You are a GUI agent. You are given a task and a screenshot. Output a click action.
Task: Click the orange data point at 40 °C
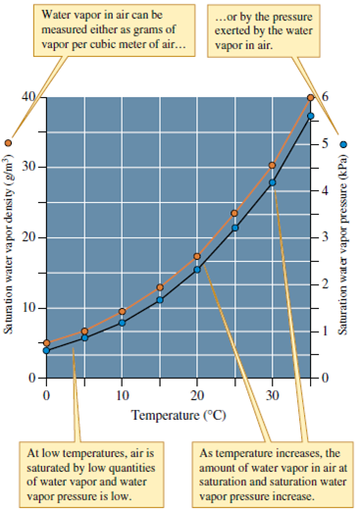[311, 98]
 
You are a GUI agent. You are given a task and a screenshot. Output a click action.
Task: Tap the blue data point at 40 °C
[311, 116]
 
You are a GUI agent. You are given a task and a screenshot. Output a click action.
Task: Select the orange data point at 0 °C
[46, 343]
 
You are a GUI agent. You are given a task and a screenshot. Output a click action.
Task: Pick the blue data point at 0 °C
[46, 350]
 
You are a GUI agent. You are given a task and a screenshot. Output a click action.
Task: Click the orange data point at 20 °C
[197, 257]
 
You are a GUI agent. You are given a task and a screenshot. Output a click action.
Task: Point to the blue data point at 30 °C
[273, 182]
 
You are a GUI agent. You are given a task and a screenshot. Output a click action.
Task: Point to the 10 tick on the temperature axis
[122, 395]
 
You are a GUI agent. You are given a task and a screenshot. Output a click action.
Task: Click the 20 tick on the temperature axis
[197, 395]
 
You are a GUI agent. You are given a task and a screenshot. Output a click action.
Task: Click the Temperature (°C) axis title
[180, 415]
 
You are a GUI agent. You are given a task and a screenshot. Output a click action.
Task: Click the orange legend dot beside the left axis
[9, 143]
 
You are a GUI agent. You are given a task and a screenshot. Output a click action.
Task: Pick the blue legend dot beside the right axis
[343, 142]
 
